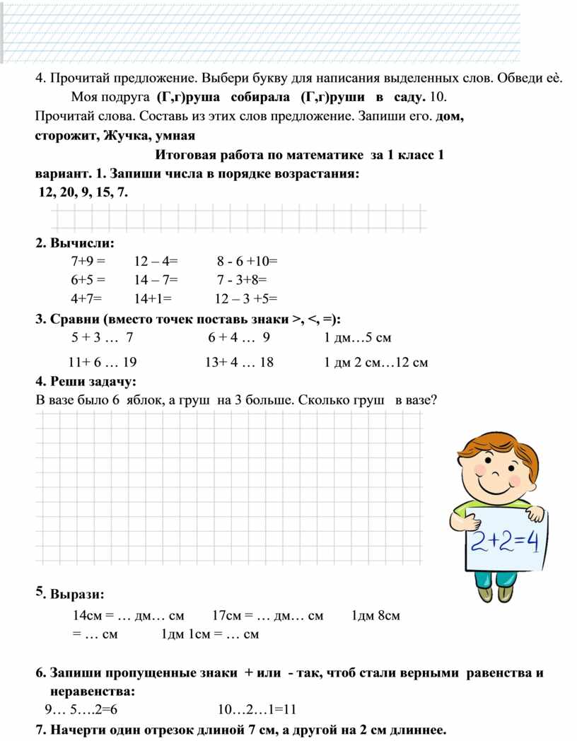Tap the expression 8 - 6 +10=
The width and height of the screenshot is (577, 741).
[247, 262]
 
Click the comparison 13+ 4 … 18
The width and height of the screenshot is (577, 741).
[239, 363]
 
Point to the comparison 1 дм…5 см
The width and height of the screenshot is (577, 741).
[357, 337]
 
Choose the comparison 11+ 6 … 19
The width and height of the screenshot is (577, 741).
[103, 363]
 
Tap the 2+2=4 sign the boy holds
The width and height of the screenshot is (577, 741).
[505, 543]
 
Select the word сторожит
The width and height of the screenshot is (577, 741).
[66, 135]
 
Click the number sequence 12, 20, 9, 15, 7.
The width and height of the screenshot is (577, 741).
[83, 192]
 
